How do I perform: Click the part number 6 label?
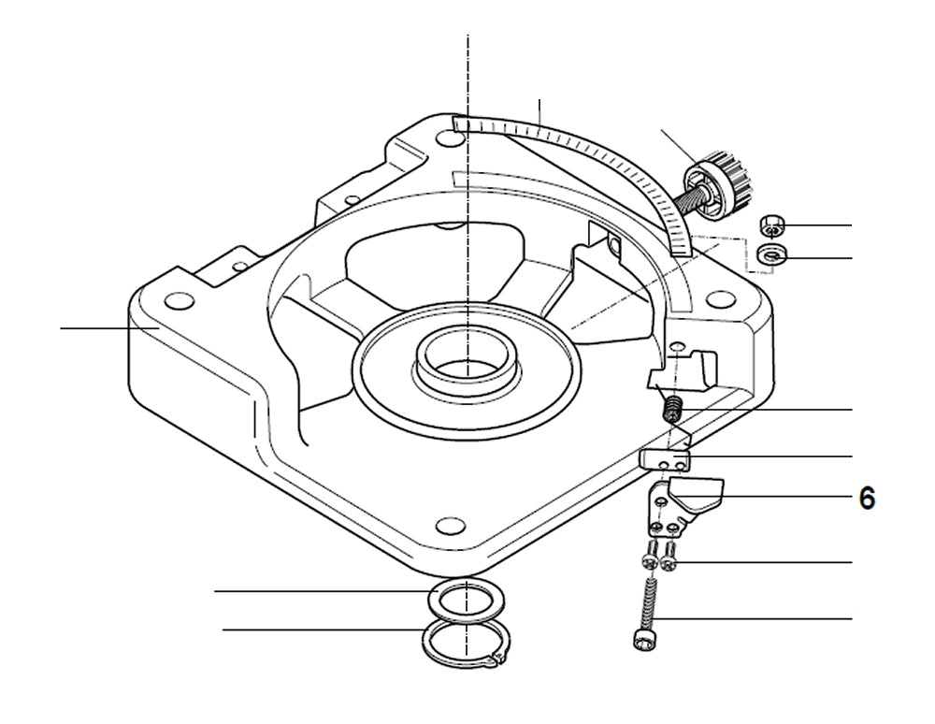(867, 499)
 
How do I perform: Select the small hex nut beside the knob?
(771, 224)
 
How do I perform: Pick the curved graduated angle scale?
(598, 159)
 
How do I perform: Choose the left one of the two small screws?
(649, 560)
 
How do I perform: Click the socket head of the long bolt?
(640, 640)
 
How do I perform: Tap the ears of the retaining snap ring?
(496, 663)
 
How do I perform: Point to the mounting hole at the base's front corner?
(452, 521)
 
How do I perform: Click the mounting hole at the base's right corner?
(719, 298)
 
